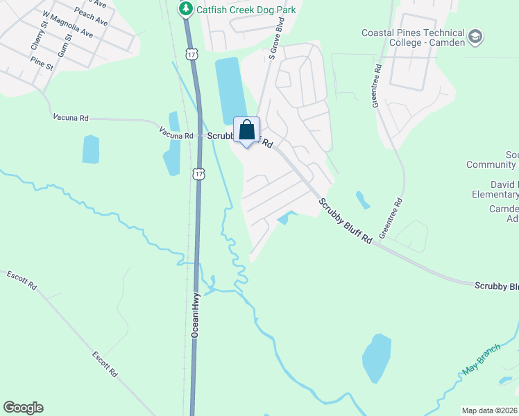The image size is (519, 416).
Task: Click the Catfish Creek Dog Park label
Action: click(x=246, y=10)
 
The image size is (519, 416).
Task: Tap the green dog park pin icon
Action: click(x=185, y=9)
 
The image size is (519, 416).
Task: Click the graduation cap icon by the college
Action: click(x=475, y=35)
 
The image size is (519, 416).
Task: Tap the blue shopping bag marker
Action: click(x=246, y=130)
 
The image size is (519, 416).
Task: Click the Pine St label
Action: click(x=42, y=62)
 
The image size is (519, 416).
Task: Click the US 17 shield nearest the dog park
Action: click(x=192, y=53)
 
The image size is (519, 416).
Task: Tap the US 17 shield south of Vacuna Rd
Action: click(x=199, y=173)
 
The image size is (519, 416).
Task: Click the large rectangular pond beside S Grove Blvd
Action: click(x=230, y=90)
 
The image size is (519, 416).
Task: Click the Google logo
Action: click(x=23, y=408)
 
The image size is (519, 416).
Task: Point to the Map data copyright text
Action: click(x=490, y=410)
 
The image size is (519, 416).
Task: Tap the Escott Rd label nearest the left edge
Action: click(x=22, y=280)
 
